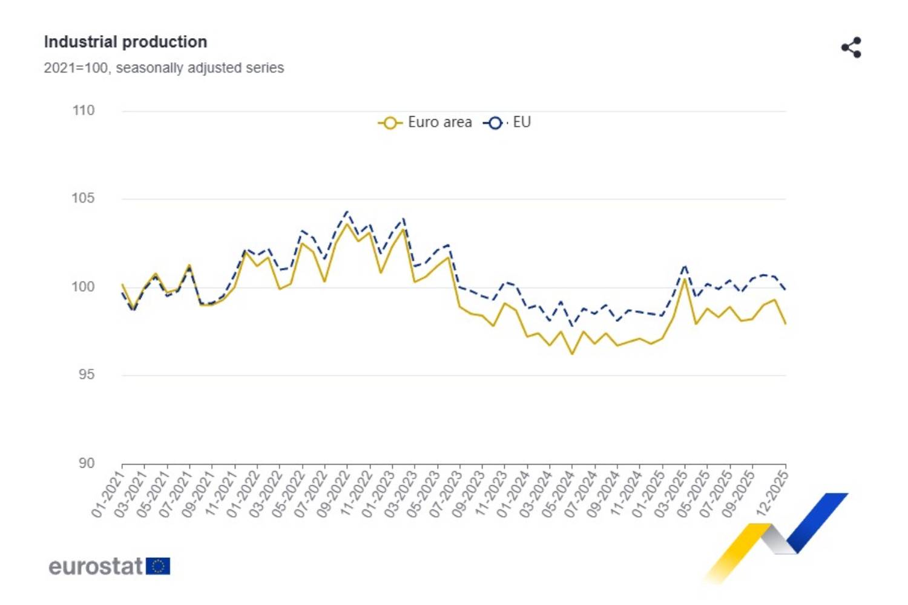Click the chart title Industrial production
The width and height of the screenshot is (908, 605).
[x=125, y=42]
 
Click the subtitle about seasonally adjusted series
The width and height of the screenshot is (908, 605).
[x=163, y=68]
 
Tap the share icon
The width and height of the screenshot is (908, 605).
[x=851, y=48]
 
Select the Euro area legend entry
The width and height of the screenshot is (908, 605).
[x=426, y=122]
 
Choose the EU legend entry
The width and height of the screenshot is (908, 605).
[x=508, y=122]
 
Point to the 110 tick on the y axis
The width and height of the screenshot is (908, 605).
[x=84, y=111]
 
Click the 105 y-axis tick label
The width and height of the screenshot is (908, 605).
[x=84, y=198]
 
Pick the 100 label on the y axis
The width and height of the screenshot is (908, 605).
[x=84, y=287]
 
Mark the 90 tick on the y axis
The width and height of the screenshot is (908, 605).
[x=87, y=463]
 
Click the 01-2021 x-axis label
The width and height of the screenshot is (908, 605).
[x=108, y=495]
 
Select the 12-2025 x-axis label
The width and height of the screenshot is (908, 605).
[x=772, y=494]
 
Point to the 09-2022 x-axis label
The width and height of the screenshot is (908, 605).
[x=333, y=495]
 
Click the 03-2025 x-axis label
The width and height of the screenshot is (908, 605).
[x=670, y=495]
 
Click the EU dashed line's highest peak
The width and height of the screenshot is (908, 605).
[x=347, y=212]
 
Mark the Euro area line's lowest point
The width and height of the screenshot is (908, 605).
[x=572, y=354]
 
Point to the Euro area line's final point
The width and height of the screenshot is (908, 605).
[x=785, y=324]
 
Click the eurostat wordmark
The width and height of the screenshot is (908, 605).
[x=96, y=566]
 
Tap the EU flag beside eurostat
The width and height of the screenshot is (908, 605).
[x=158, y=566]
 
